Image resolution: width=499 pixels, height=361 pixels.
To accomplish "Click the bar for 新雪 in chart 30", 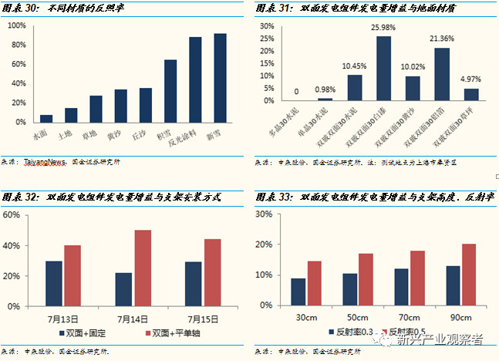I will pos(220,77).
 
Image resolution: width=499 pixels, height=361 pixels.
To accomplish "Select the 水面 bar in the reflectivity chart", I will pos(46,118).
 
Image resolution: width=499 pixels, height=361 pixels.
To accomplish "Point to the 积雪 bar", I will pos(170,90).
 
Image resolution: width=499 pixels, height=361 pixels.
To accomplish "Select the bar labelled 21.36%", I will pos(442,74).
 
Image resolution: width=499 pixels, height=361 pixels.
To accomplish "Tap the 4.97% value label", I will pos(470,79).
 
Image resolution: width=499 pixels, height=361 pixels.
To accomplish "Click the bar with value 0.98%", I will pos(325,99).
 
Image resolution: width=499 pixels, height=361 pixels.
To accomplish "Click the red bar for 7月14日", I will pos(142,268).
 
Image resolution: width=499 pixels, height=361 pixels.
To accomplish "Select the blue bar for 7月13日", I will pos(54,283).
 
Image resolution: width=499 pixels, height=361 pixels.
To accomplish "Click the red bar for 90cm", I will pos(469,275).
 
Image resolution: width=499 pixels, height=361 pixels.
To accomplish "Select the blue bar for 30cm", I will pos(298,292).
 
